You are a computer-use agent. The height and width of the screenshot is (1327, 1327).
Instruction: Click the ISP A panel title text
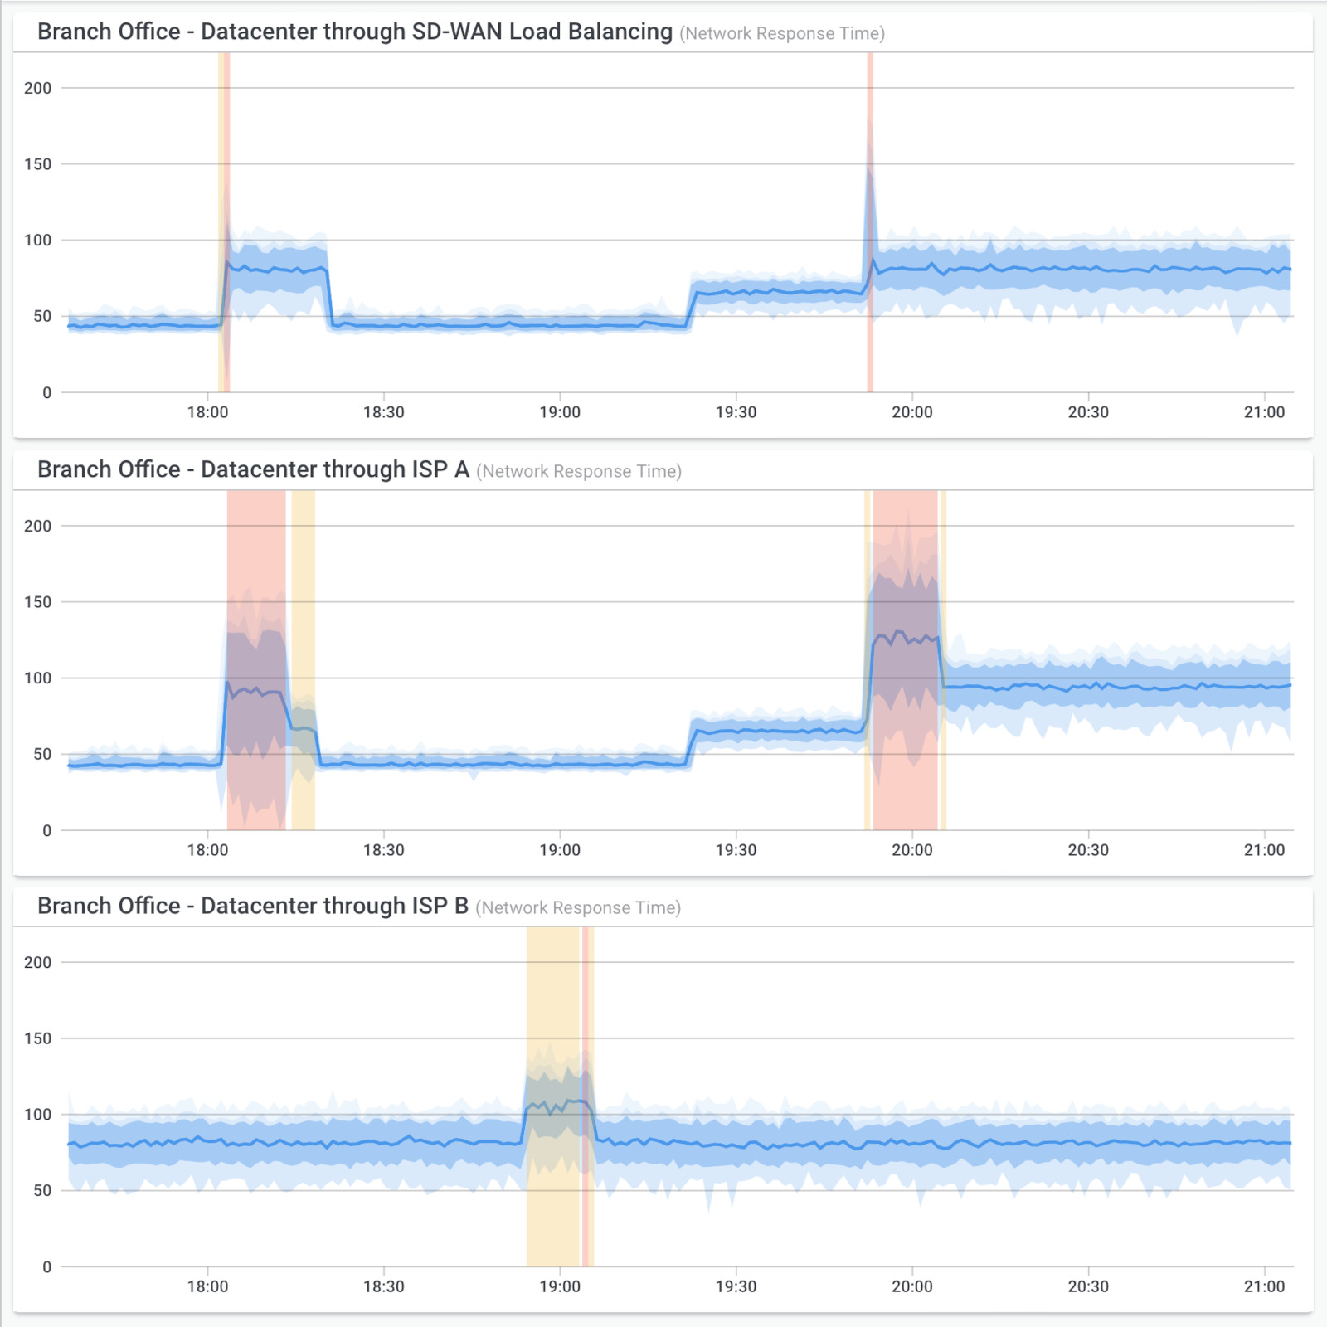coord(253,469)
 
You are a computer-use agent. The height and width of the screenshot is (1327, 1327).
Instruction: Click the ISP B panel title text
coord(253,906)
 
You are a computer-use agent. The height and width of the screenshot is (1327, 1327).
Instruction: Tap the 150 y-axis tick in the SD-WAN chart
coord(37,164)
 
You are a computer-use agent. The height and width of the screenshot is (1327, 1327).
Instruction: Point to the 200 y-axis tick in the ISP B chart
coord(37,962)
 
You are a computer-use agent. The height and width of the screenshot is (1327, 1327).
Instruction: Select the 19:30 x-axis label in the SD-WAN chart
coord(736,412)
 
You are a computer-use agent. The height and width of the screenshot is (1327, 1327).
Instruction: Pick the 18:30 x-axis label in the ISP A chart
coord(383,850)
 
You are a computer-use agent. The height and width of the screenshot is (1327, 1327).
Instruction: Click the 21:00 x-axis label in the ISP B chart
coord(1264,1286)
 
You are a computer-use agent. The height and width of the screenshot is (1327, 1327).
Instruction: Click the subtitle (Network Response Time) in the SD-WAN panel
coord(782,34)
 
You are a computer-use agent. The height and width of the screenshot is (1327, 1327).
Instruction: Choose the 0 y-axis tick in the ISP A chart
coord(46,830)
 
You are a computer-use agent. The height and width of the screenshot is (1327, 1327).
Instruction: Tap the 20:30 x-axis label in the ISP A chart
coord(1088,850)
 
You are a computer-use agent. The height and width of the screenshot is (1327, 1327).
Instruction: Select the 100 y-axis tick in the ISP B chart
coord(37,1115)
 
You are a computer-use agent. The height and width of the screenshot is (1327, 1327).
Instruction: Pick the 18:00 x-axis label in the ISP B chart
coord(207,1286)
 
